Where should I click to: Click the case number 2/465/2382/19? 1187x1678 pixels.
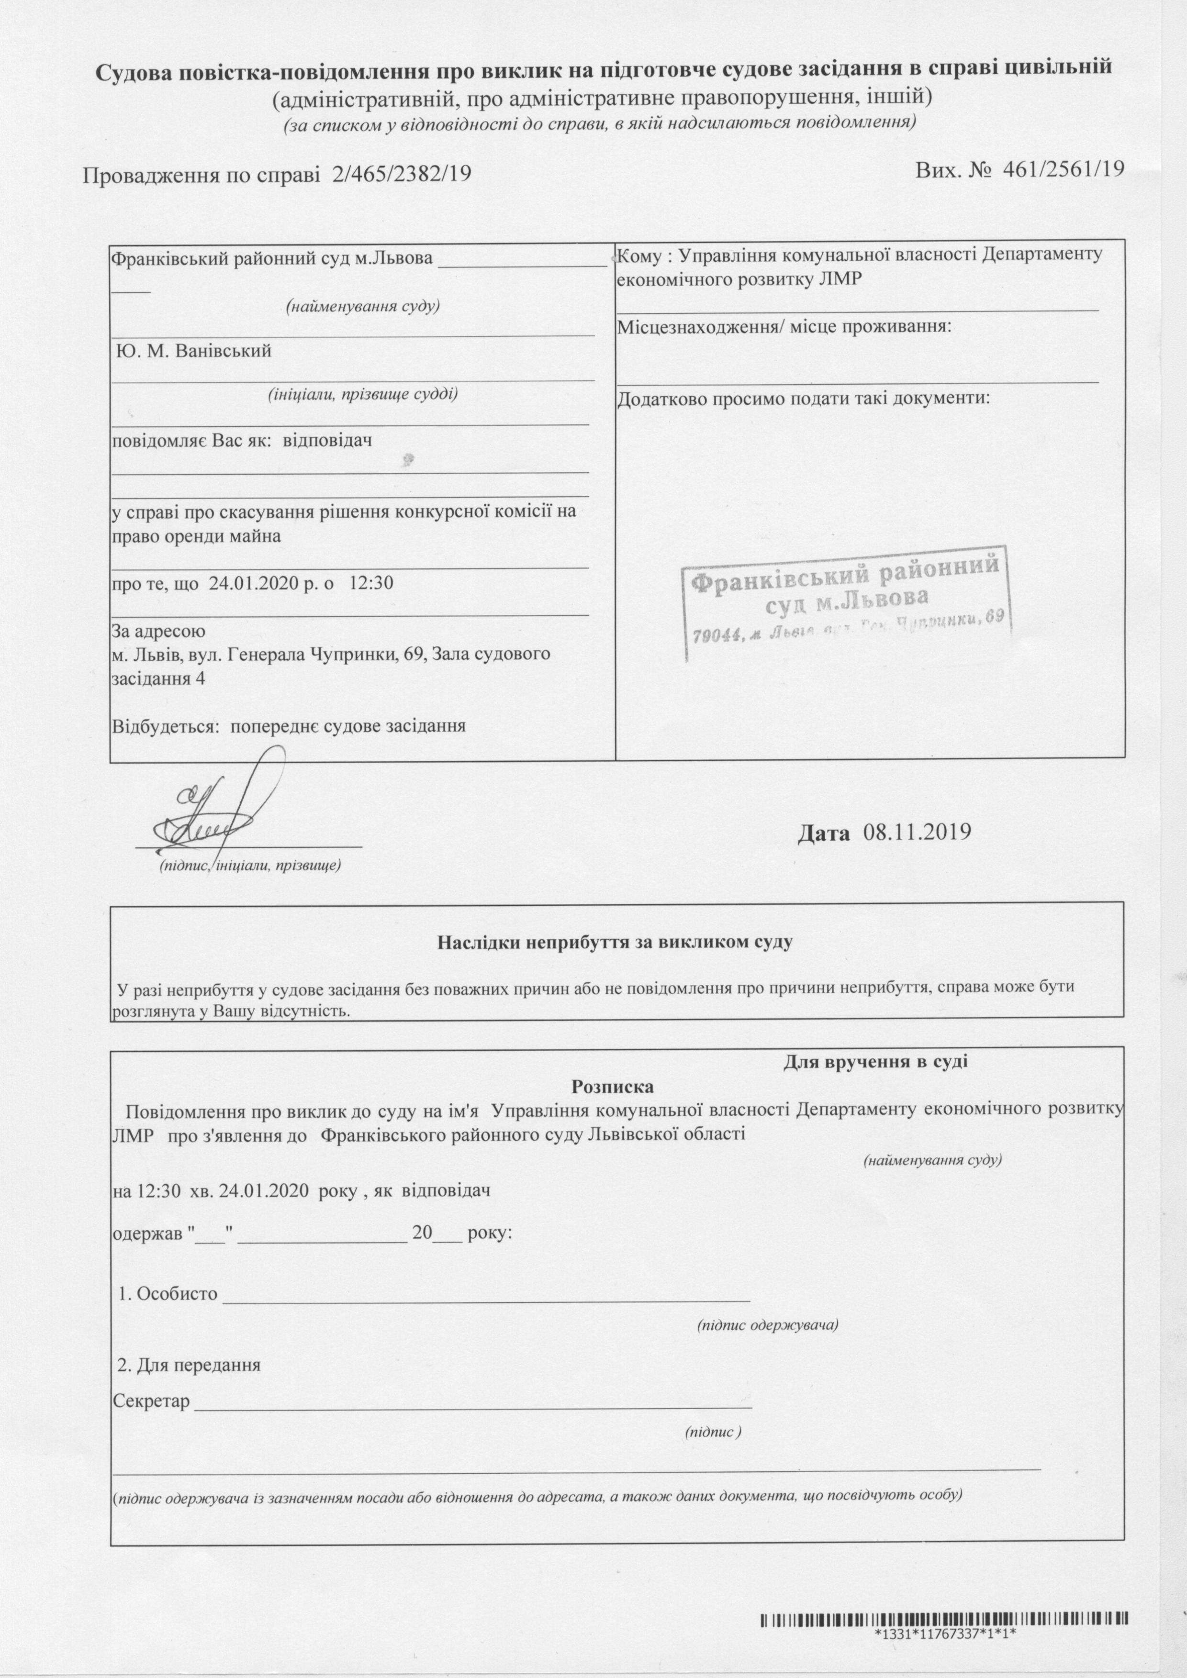pyautogui.click(x=401, y=174)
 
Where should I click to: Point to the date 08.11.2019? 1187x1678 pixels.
pyautogui.click(x=917, y=832)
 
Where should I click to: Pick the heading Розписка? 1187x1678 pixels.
pyautogui.click(x=613, y=1086)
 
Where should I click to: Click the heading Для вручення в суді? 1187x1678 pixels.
pyautogui.click(x=875, y=1061)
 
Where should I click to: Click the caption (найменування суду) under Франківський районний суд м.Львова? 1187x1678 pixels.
pyautogui.click(x=362, y=305)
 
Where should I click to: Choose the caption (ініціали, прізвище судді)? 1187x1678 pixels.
pyautogui.click(x=362, y=395)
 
